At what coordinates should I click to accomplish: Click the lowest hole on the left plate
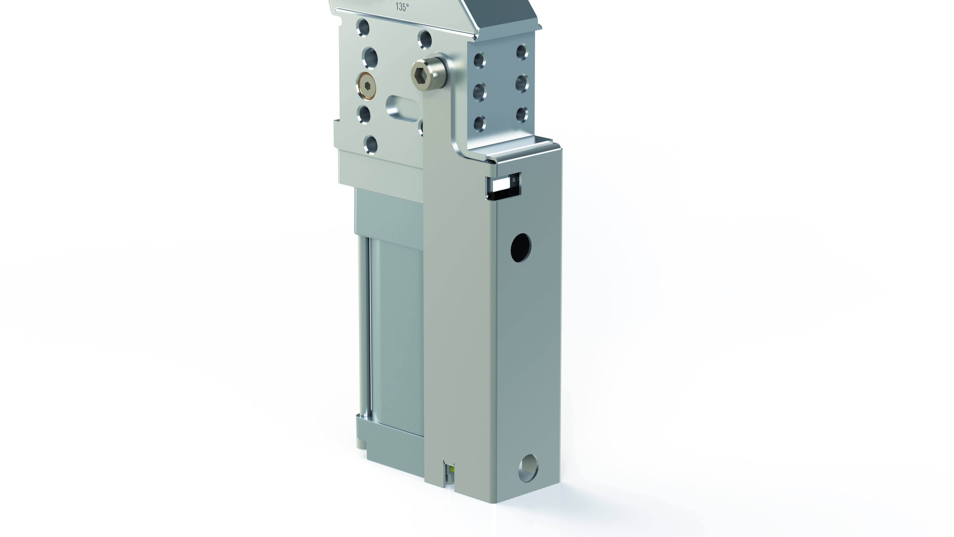click(x=111, y=144)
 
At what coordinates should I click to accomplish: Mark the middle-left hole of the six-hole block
click(x=480, y=92)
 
